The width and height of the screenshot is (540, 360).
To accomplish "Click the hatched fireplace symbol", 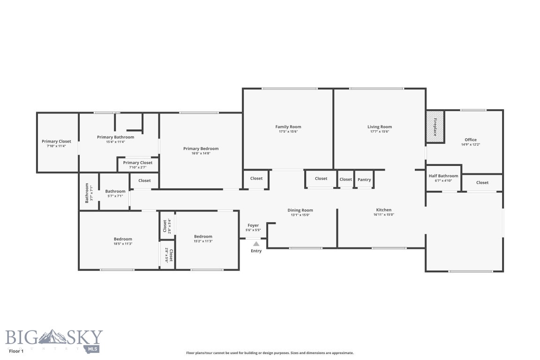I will click(435, 127).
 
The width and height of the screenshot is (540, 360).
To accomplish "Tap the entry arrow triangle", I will click(256, 243).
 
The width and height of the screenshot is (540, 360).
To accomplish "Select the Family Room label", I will click(288, 127).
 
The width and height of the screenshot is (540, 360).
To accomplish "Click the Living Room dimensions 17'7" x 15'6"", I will click(379, 132).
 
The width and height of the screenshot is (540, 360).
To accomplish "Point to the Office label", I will click(470, 140).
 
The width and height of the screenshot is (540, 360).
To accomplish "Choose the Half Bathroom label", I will click(443, 176).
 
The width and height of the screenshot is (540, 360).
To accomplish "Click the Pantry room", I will click(364, 180).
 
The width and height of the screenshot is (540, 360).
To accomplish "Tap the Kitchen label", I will click(383, 210).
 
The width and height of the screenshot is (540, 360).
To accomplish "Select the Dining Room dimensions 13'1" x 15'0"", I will click(300, 215).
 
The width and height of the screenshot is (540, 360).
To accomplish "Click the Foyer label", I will click(253, 225).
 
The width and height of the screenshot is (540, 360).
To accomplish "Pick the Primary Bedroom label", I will click(201, 149).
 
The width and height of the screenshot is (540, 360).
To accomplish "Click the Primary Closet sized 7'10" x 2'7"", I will click(138, 165).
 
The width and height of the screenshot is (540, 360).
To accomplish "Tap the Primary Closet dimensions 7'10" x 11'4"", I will click(56, 146).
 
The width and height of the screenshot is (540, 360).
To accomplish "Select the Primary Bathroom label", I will click(115, 137).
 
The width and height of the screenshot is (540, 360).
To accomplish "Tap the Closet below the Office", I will click(482, 182).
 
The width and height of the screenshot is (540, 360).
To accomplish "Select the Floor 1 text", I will click(16, 350).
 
